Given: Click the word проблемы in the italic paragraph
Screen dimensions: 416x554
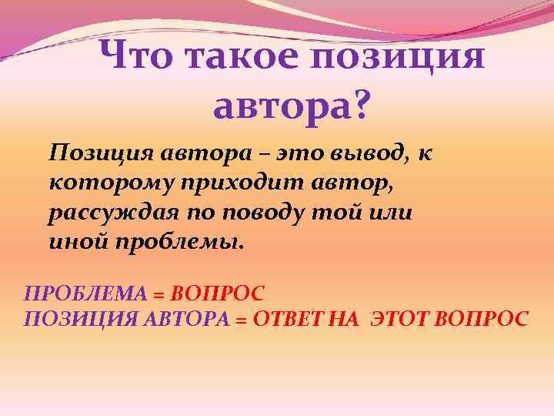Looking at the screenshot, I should (x=178, y=243).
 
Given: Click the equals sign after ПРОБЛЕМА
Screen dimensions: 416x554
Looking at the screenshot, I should (x=159, y=294).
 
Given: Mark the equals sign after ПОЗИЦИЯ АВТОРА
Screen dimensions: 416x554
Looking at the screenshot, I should (x=240, y=319).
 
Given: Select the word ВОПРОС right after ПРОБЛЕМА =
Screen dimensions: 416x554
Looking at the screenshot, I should (x=217, y=294).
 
